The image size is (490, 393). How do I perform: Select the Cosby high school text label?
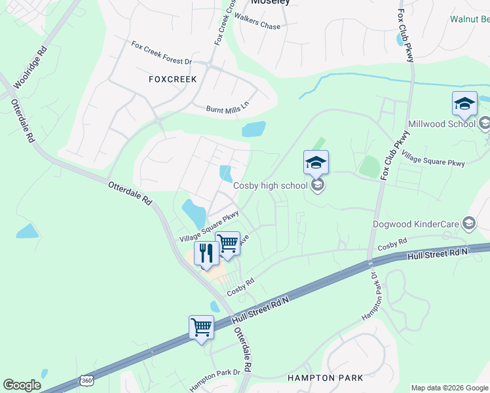coord(271,185)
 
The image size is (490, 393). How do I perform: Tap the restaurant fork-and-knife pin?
coord(206,253)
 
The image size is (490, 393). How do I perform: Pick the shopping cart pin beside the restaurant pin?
coord(227,244)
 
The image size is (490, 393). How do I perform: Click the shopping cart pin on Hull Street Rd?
coord(201,327)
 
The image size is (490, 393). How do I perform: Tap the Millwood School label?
coord(442,124)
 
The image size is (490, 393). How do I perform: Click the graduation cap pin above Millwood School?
coord(464,103)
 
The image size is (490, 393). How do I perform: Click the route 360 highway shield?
coord(86,381)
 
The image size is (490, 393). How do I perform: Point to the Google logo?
coord(22,385)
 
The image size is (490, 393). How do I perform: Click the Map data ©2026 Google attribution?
coord(450,388)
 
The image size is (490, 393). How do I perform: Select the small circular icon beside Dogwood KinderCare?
coord(468,224)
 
